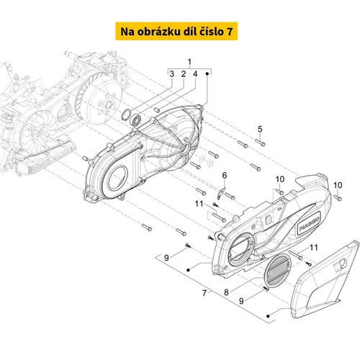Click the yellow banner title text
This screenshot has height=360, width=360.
click(x=176, y=32)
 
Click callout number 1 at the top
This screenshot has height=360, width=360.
click(x=189, y=62)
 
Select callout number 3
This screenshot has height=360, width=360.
click(x=171, y=74)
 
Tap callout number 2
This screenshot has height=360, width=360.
click(x=184, y=74)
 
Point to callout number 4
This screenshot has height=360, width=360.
click(x=195, y=74)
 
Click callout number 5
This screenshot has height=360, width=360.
click(x=260, y=129)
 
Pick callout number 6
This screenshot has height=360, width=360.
click(x=225, y=176)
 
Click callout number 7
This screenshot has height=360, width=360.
click(x=204, y=293)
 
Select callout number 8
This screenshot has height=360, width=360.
click(x=226, y=292)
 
